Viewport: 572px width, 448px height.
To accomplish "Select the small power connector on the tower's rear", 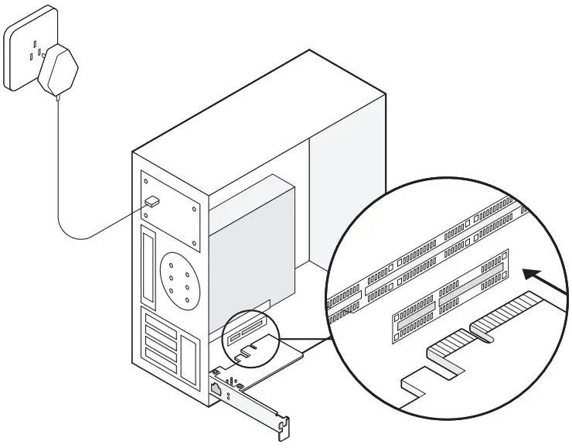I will pos(152,201).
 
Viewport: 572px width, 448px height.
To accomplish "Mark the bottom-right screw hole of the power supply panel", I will pos(194,245).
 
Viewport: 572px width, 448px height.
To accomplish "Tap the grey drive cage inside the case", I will pos(255,232).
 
